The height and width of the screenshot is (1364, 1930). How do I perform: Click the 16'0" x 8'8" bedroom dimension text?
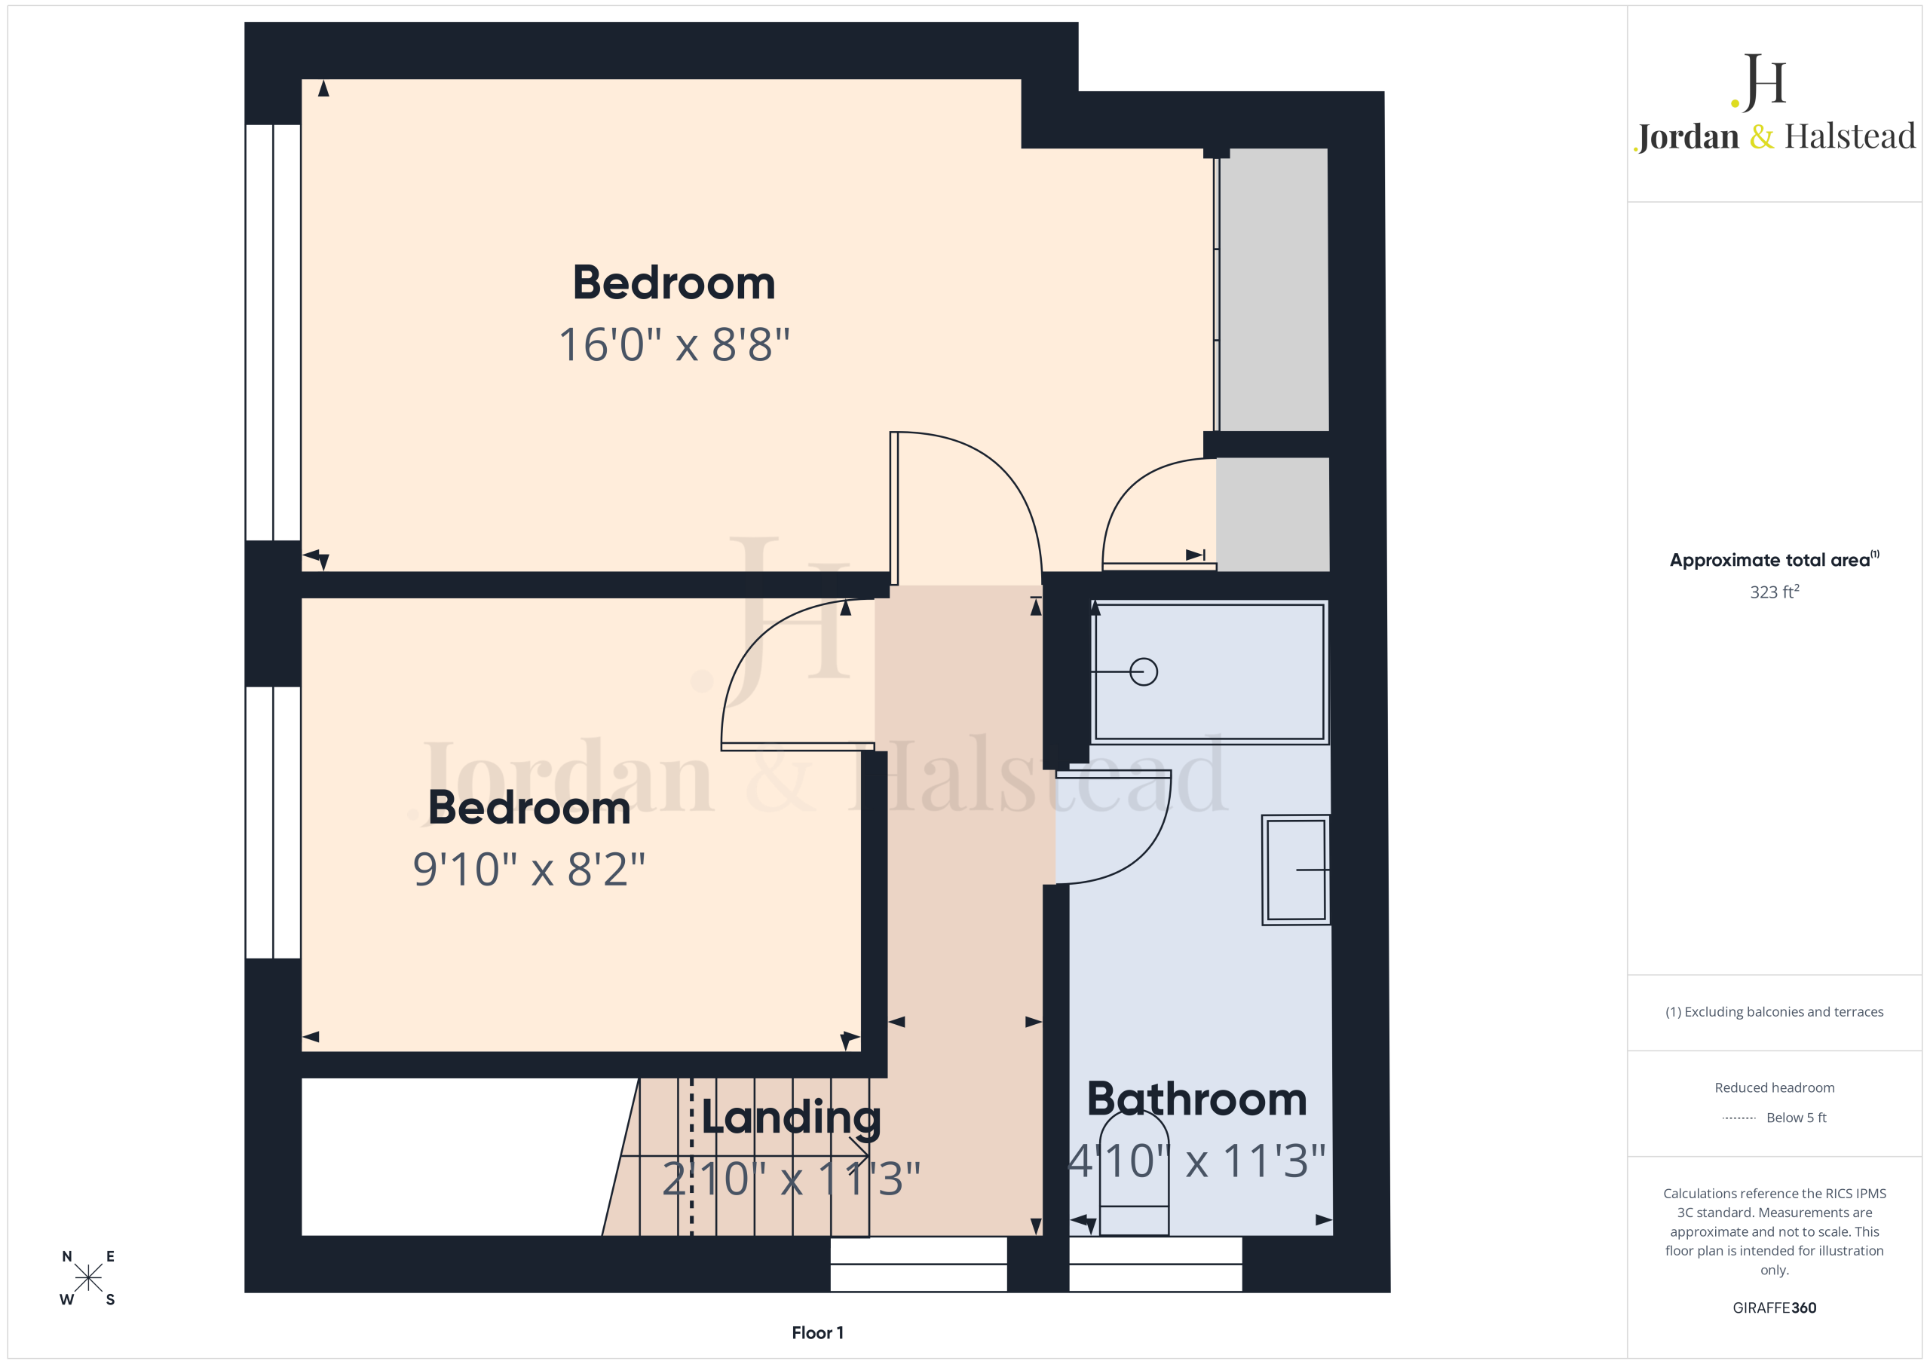[x=674, y=344]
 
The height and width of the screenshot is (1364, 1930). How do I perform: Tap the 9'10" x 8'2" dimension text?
[x=528, y=869]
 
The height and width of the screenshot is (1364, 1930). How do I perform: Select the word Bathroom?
[x=1197, y=1099]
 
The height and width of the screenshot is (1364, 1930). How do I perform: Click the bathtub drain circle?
[x=1143, y=671]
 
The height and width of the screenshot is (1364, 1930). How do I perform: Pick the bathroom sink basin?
[x=1295, y=870]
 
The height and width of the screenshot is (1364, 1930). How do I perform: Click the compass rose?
[x=87, y=1277]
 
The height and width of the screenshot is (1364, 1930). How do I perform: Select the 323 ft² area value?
[x=1775, y=592]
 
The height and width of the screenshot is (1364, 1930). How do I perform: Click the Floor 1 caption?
[x=817, y=1333]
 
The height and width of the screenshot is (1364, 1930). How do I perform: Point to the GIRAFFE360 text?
[x=1775, y=1307]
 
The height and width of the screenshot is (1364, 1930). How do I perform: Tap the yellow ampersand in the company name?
[x=1762, y=136]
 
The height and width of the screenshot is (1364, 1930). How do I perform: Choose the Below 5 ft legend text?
[x=1797, y=1118]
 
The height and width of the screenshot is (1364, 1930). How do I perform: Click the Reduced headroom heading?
[x=1775, y=1087]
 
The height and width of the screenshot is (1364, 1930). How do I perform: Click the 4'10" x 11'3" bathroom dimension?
[x=1197, y=1161]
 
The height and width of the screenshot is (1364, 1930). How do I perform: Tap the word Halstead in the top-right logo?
[x=1850, y=136]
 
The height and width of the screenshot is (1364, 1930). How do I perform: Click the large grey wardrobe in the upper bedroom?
[x=1273, y=290]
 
